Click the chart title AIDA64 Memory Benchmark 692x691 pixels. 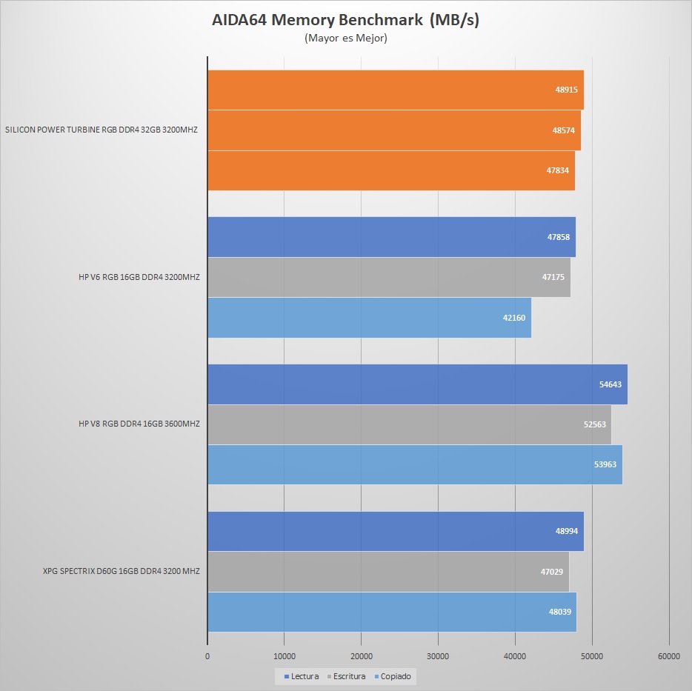(346, 20)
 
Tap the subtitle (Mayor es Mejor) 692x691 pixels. (346, 39)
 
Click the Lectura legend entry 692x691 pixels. (302, 676)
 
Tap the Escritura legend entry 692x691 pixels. (346, 676)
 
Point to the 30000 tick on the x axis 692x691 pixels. (438, 655)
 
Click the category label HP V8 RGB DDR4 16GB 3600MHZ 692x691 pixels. (139, 424)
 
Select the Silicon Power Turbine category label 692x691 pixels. (102, 130)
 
